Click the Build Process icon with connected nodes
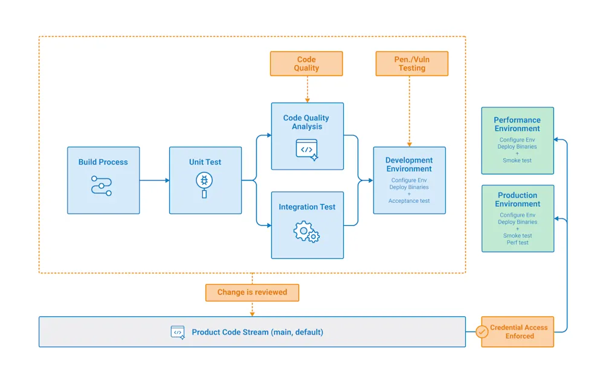point(102,185)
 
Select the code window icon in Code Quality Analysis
point(307,149)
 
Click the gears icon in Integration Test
point(306,232)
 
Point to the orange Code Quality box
point(306,64)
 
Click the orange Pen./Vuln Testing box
point(411,64)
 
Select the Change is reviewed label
point(252,292)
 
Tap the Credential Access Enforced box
point(518,332)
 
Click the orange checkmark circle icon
point(482,332)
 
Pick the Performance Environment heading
point(517,124)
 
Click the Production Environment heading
point(517,200)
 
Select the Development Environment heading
point(409,165)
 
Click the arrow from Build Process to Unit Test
point(154,180)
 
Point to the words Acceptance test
point(409,201)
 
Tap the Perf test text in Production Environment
point(517,243)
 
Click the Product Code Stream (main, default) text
point(257,332)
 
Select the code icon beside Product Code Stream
point(178,332)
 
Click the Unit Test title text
point(205,162)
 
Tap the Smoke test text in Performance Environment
point(517,161)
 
